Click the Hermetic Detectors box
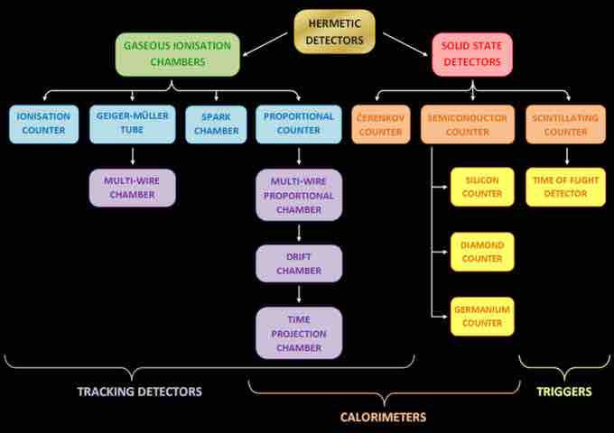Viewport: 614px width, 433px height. [x=334, y=31]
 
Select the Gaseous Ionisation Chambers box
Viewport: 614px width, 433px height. [x=177, y=54]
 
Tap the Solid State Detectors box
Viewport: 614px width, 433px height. [x=472, y=54]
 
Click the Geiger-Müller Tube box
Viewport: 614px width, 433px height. [x=132, y=124]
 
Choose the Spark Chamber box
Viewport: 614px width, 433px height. [x=217, y=124]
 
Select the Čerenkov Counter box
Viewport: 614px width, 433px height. [x=380, y=124]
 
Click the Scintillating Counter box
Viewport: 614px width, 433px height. [x=567, y=124]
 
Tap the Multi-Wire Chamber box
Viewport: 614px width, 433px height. [x=132, y=187]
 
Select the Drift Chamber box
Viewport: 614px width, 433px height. [x=299, y=263]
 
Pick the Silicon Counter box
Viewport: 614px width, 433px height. [x=482, y=187]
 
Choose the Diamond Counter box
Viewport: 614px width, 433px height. [x=482, y=252]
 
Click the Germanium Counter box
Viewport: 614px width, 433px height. [x=482, y=317]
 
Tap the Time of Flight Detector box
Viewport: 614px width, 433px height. [x=567, y=187]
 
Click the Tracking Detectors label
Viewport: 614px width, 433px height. [x=139, y=392]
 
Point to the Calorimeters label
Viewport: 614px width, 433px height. [x=383, y=418]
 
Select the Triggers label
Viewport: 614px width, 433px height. [x=564, y=392]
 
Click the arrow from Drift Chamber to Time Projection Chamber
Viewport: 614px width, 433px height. [x=299, y=293]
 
